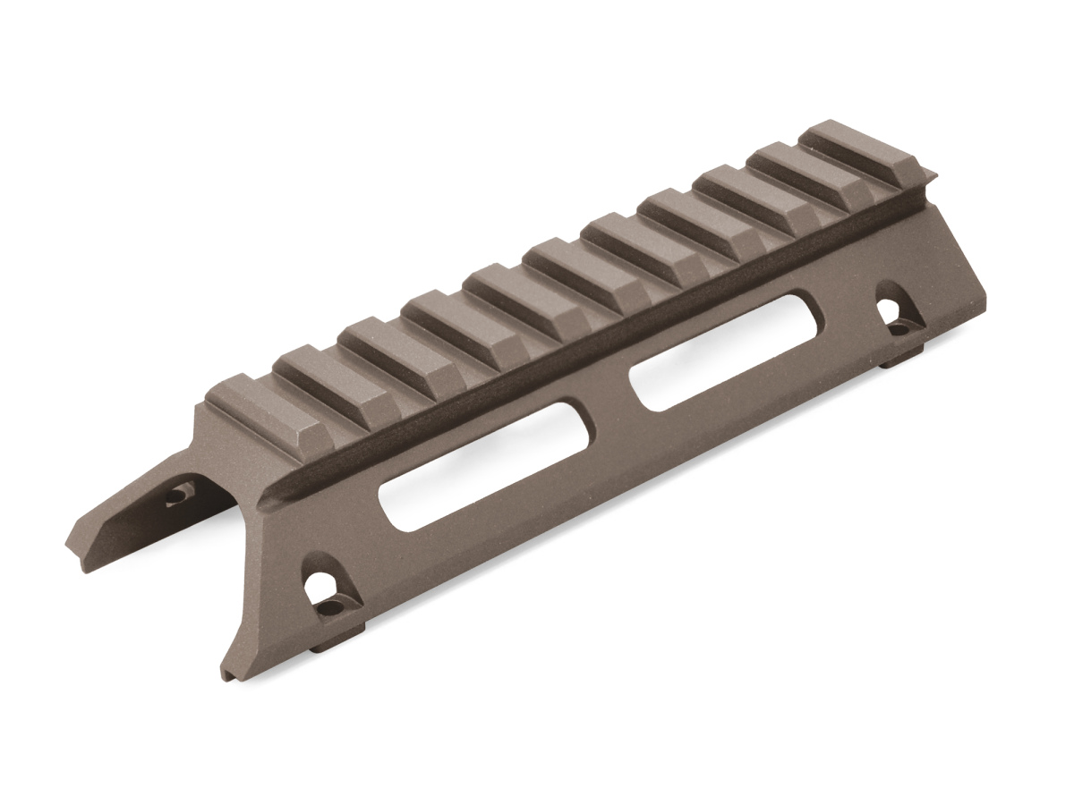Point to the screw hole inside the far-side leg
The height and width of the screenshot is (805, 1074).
(182, 493)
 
